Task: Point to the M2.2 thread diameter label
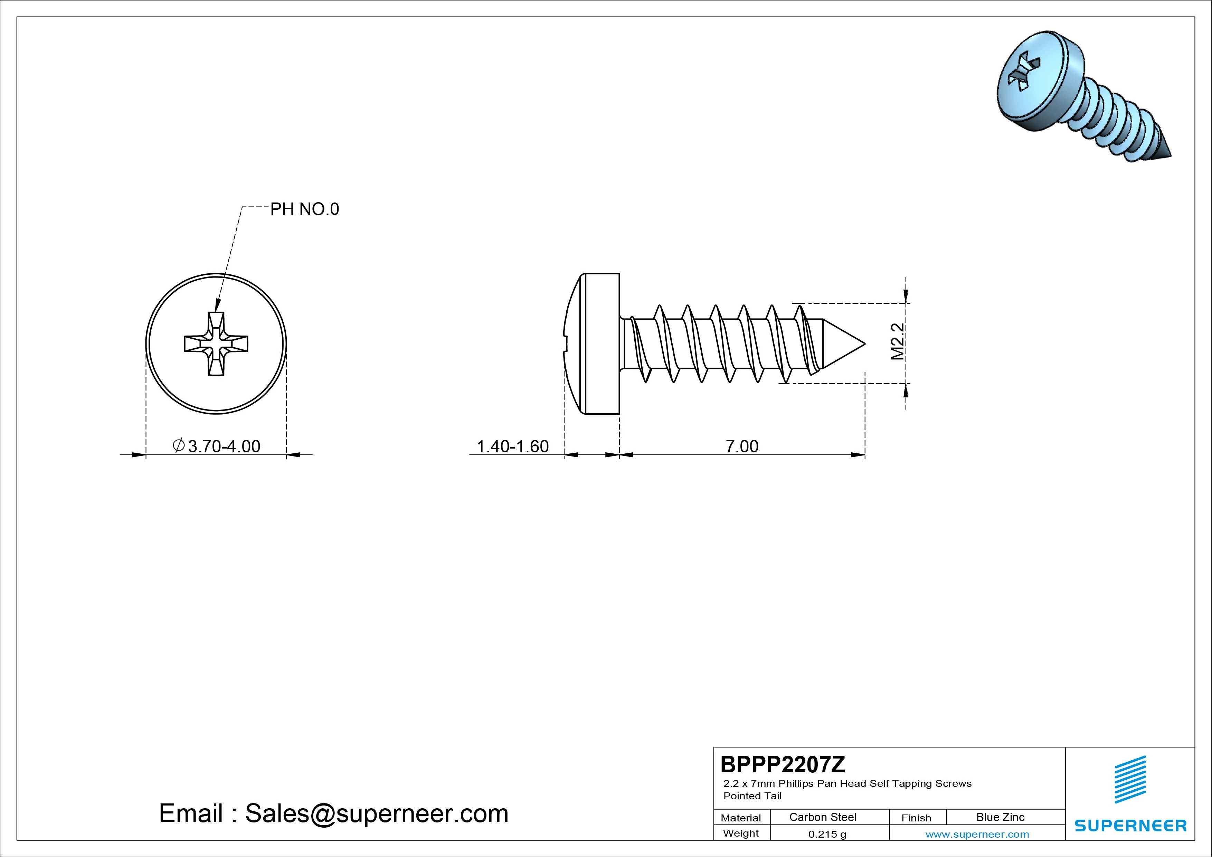pyautogui.click(x=898, y=342)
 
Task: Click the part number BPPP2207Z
pyautogui.click(x=783, y=764)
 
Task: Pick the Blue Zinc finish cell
pyautogui.click(x=1000, y=817)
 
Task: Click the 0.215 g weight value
pyautogui.click(x=827, y=834)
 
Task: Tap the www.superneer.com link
pyautogui.click(x=977, y=834)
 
